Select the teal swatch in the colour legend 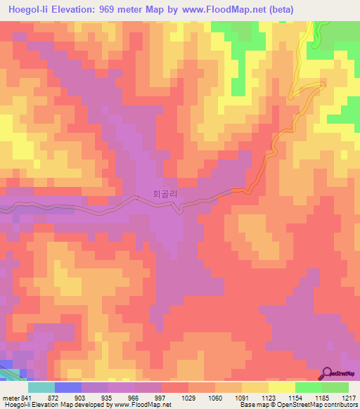pos(41,387)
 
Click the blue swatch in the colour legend pos(68,387)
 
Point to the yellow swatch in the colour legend pos(281,387)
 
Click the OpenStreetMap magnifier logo pos(326,375)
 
